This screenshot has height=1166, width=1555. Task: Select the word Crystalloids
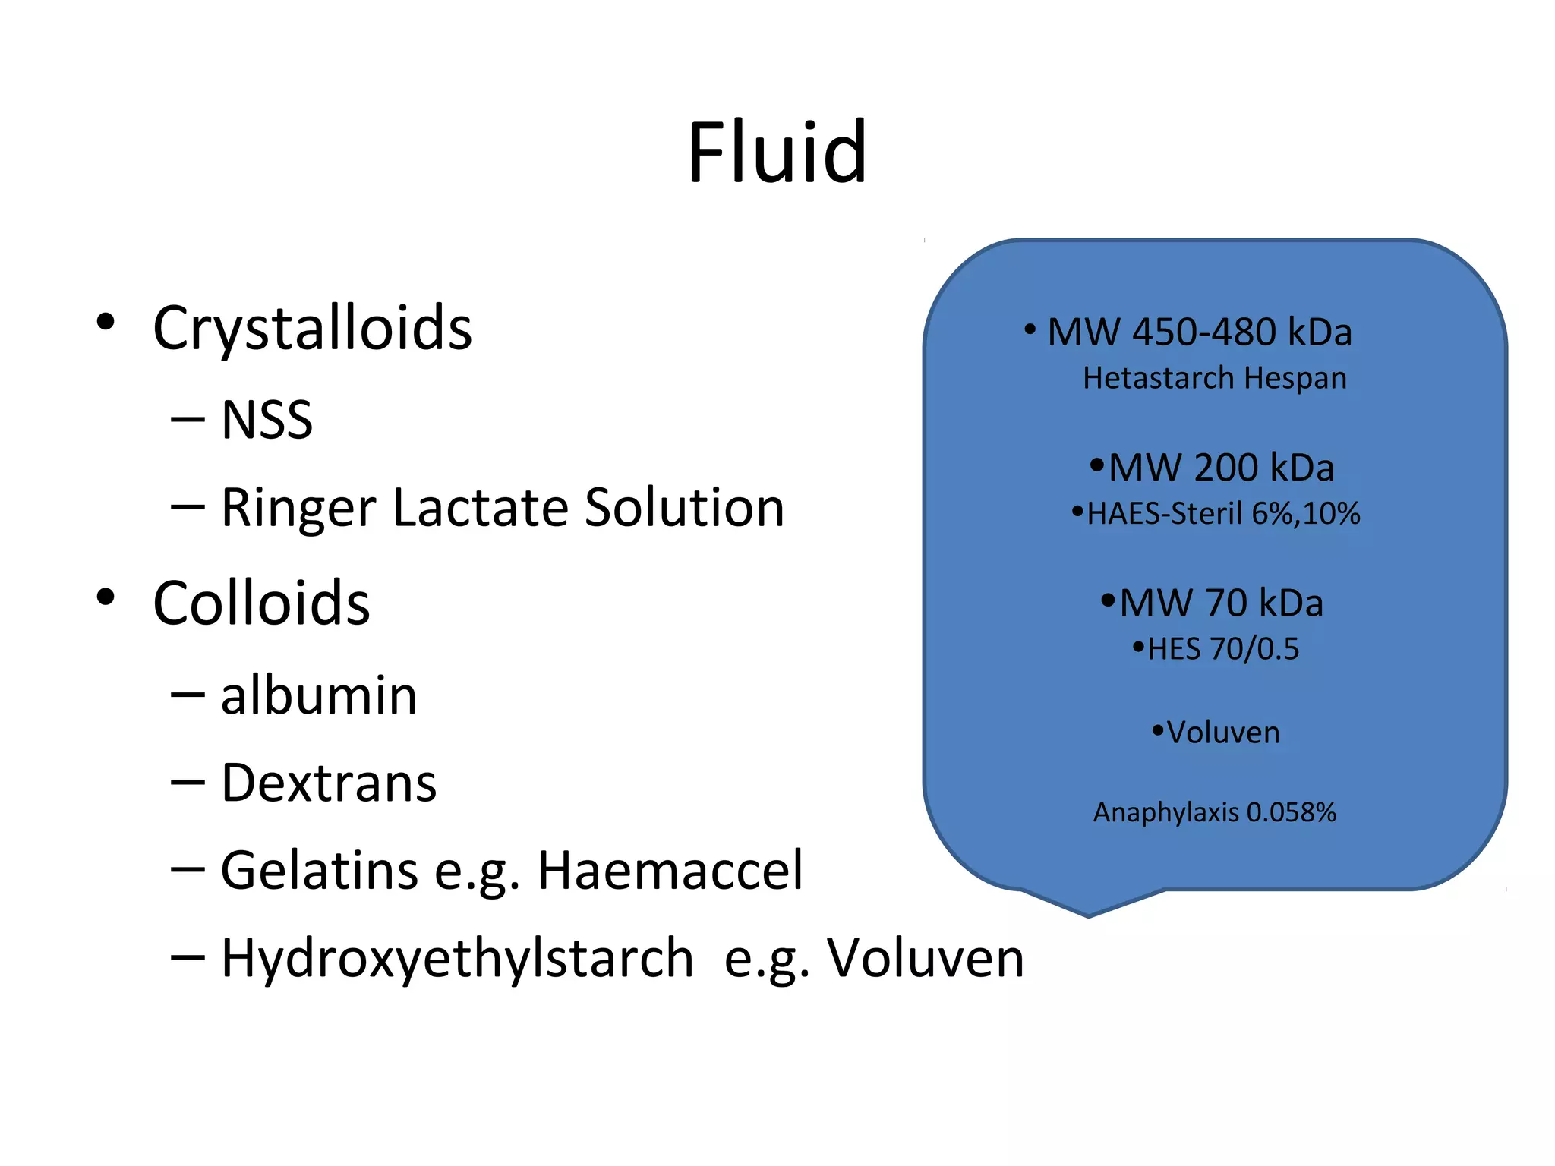pos(312,328)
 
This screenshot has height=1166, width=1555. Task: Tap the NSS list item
pos(267,420)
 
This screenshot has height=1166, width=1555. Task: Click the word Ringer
pos(298,507)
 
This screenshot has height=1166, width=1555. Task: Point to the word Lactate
pos(480,507)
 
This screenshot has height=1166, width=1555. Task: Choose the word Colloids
pos(261,603)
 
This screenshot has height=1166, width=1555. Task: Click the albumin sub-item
pos(319,695)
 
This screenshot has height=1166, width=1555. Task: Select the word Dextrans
pos(329,783)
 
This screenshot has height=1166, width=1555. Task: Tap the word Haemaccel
pos(670,870)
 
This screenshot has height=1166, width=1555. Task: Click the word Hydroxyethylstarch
pos(457,958)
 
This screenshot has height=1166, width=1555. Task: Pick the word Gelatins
pos(319,870)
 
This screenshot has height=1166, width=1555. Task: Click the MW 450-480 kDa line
pos(1199,332)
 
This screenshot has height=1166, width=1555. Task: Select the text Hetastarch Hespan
pos(1214,378)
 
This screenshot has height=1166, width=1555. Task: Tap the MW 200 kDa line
pos(1220,468)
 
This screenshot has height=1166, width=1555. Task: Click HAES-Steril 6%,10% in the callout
pos(1222,514)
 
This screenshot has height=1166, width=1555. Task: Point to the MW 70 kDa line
pos(1220,603)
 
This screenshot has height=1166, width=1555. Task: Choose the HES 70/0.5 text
pos(1222,649)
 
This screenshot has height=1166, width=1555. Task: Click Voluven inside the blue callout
pos(1222,733)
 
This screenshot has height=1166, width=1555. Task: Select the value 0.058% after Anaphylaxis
pos(1291,813)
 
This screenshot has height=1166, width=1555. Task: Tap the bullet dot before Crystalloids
pos(106,322)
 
